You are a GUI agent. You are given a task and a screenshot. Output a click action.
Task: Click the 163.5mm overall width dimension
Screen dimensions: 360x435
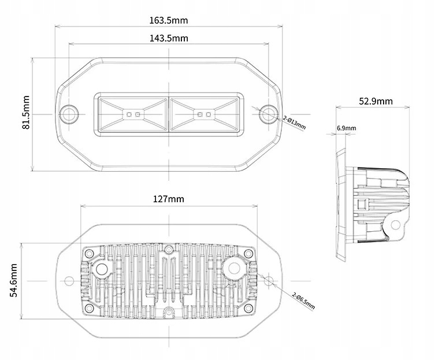click(x=168, y=20)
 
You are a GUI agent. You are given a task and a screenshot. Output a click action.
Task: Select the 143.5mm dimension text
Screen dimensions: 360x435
click(x=169, y=38)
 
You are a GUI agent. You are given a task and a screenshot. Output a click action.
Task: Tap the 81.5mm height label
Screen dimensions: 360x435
click(x=26, y=114)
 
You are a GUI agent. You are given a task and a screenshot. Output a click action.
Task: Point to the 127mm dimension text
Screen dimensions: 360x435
click(x=169, y=199)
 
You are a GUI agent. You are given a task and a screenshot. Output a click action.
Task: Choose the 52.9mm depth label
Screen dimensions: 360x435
click(x=375, y=101)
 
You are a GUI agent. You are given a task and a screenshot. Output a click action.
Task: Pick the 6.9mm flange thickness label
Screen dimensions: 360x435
click(x=347, y=128)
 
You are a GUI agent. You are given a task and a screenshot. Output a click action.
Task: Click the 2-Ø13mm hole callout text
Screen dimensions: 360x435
click(x=295, y=121)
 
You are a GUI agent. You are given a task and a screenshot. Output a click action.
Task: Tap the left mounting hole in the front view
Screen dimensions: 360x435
click(x=70, y=114)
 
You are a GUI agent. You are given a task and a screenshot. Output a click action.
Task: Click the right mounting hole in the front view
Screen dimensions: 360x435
click(x=267, y=114)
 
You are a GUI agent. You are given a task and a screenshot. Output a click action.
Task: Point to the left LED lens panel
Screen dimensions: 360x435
click(x=133, y=114)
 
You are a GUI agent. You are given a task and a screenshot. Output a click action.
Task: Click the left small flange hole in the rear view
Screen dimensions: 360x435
click(x=69, y=281)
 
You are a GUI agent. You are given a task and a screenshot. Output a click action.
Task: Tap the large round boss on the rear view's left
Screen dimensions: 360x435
click(x=103, y=268)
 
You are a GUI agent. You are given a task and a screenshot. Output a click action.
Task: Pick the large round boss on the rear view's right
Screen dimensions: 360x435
click(x=235, y=267)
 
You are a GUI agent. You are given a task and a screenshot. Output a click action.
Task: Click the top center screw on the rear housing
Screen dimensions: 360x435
click(x=168, y=250)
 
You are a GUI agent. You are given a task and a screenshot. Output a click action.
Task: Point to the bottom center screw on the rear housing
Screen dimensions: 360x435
click(x=168, y=312)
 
